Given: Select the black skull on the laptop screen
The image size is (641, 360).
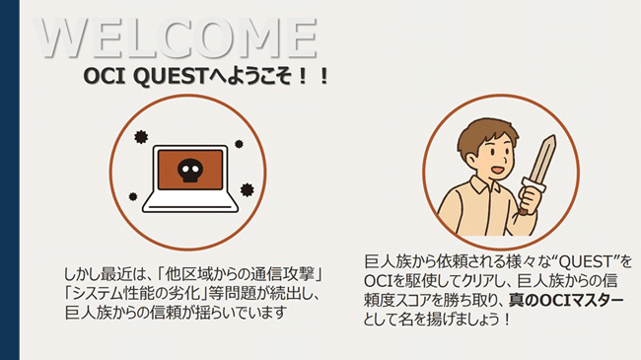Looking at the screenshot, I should [x=187, y=172].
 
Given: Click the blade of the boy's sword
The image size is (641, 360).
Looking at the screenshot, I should [x=541, y=162].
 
